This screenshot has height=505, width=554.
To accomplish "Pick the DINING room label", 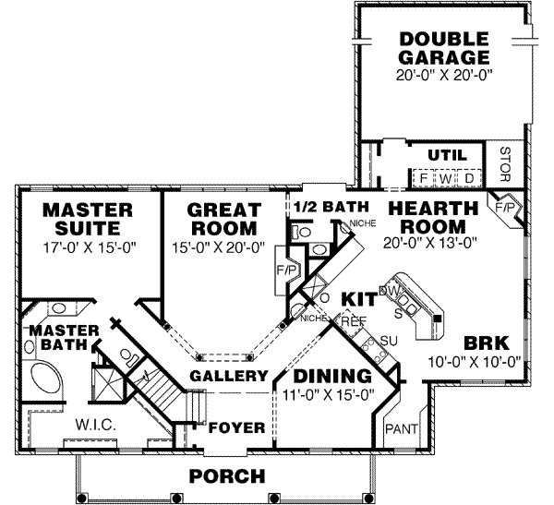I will tap(331, 377).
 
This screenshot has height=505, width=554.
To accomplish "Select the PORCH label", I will tap(227, 476).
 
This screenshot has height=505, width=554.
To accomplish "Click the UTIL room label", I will tap(447, 154).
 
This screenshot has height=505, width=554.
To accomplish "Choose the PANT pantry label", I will tap(400, 427).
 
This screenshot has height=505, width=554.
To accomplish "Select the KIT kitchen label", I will tap(359, 300).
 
